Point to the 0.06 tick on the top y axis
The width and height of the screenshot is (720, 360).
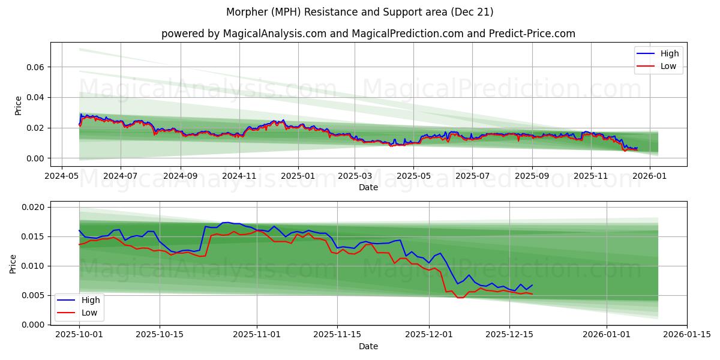[35, 67]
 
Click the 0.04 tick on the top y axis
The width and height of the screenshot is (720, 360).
[35, 97]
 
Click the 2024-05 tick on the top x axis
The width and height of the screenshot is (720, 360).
[62, 176]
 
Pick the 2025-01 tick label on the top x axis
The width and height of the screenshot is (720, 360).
[298, 176]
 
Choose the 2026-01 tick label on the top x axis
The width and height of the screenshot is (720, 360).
[650, 176]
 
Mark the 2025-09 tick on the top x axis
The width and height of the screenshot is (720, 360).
[532, 176]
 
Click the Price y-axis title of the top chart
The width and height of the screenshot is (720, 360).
[18, 105]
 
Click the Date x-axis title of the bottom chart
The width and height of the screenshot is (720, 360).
[368, 346]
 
